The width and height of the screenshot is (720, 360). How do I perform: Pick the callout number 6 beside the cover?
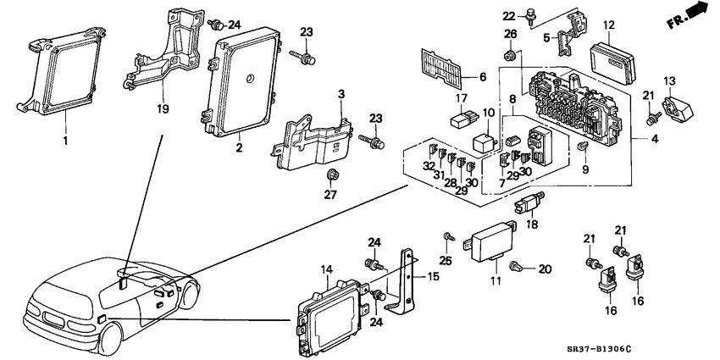tap(483, 77)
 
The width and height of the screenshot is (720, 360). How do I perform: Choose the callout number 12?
tap(608, 26)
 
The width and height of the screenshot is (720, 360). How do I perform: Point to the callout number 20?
tap(545, 269)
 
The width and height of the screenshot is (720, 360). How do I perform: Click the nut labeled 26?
tap(511, 55)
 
